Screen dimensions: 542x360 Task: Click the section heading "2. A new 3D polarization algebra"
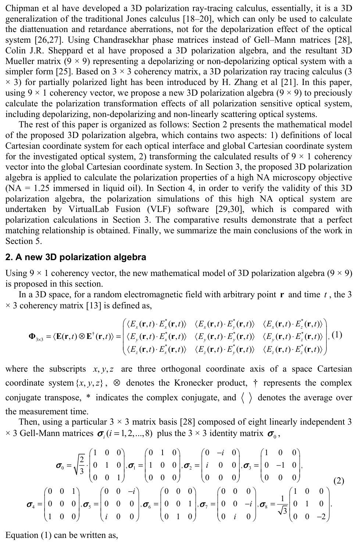(76, 257)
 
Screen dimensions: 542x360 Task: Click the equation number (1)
(337, 335)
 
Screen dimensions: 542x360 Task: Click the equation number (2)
(339, 481)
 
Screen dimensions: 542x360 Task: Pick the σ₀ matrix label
(60, 466)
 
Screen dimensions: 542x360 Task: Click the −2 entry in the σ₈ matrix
(321, 517)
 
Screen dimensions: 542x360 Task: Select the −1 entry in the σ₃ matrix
(281, 465)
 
